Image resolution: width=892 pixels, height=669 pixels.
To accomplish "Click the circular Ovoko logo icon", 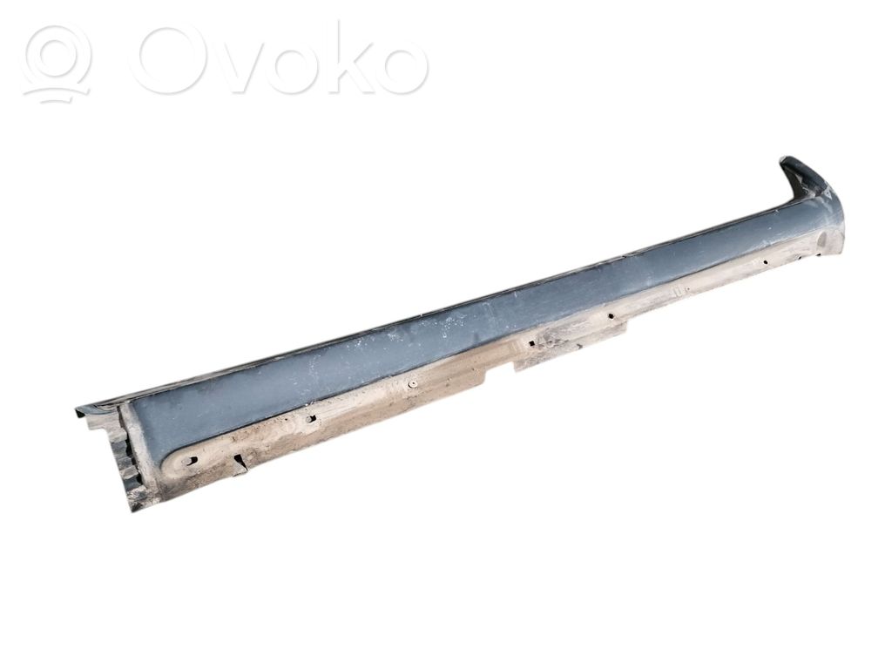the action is [x=57, y=64].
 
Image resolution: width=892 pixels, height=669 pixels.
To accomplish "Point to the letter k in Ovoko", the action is [x=341, y=57].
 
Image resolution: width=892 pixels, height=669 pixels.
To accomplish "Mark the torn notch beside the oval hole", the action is [x=239, y=461].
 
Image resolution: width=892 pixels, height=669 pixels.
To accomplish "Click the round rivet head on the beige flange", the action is [x=410, y=385].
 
